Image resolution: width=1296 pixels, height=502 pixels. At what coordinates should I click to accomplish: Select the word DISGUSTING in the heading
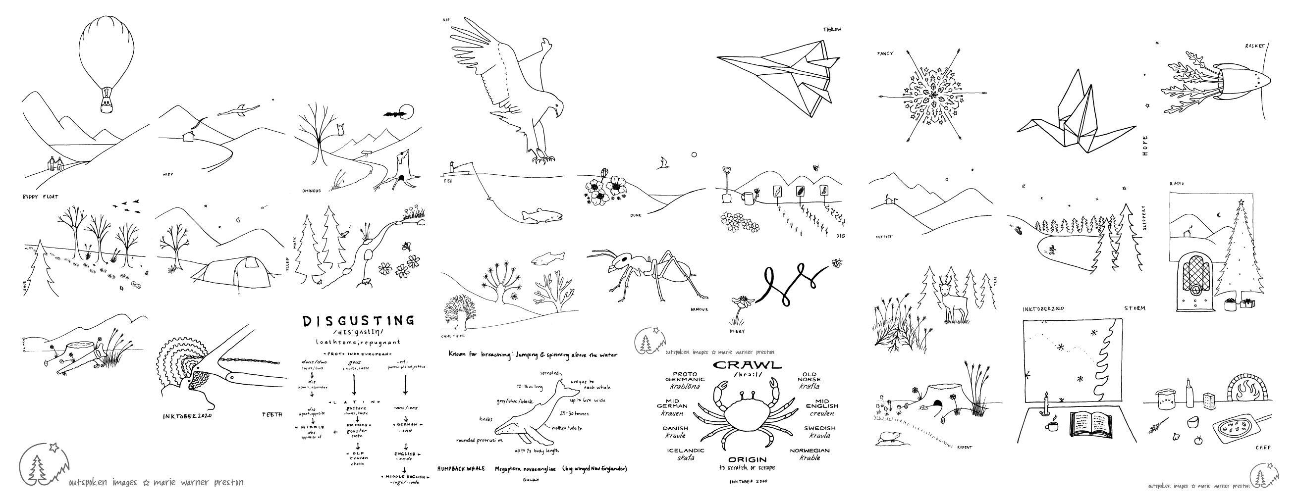pyautogui.click(x=359, y=320)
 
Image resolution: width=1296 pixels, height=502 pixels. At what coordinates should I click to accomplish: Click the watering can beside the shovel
pyautogui.click(x=750, y=198)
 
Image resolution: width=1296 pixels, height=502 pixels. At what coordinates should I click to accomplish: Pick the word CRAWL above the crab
pyautogui.click(x=748, y=365)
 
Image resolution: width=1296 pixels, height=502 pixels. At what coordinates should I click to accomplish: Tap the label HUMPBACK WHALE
pyautogui.click(x=461, y=469)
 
